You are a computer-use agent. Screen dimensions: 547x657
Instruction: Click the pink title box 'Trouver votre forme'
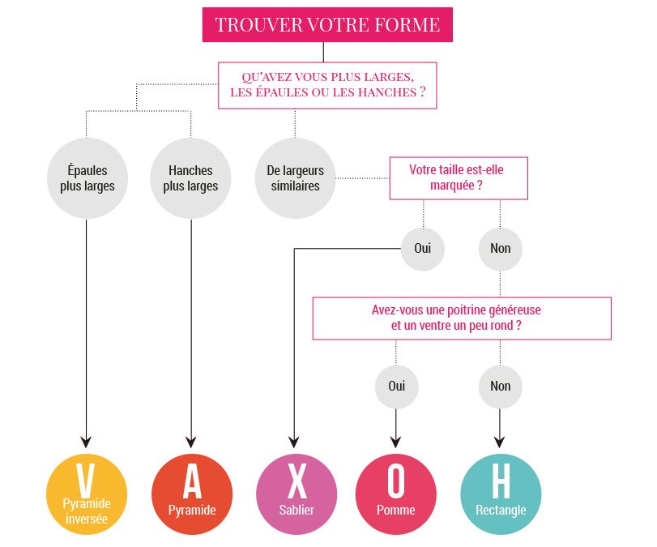point(327,24)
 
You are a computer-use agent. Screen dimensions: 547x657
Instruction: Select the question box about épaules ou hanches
point(327,85)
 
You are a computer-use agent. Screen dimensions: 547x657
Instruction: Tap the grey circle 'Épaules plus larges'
point(87,178)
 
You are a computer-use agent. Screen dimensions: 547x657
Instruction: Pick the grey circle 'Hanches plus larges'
point(191,178)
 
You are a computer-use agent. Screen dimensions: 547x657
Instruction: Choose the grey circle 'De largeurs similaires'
point(295,178)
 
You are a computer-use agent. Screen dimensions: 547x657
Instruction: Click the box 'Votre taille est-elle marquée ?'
point(458,178)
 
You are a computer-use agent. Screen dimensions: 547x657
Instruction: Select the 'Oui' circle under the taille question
point(423,249)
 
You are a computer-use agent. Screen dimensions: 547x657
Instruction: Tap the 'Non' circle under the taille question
point(501,249)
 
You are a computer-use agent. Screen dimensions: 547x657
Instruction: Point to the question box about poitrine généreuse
point(462,318)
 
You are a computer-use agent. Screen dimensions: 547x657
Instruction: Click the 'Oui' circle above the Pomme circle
point(396,386)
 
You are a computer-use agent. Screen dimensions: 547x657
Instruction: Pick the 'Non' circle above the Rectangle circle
point(501,386)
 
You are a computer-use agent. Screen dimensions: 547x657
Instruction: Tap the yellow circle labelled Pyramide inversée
point(87,494)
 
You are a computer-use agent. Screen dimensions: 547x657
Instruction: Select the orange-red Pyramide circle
point(192,494)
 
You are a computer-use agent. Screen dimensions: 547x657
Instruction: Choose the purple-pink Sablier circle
point(297,494)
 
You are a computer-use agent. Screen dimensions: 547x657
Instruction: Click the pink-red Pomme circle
point(396,494)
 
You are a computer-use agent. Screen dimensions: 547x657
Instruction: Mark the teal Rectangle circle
point(501,494)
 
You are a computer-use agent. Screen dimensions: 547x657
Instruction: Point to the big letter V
point(86,481)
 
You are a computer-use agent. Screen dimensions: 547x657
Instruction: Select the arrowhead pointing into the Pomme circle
point(396,442)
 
